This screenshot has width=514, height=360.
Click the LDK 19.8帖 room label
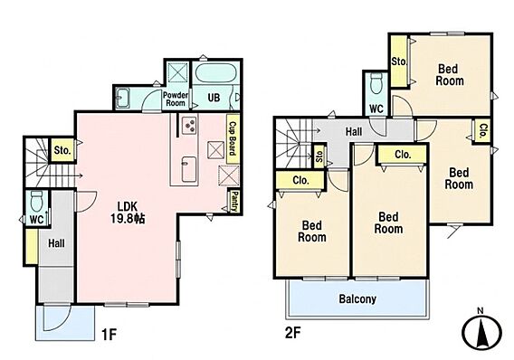click(x=128, y=212)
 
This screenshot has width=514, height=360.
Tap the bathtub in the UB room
click(x=214, y=73)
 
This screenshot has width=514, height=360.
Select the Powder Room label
click(x=176, y=99)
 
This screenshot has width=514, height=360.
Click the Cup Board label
click(x=233, y=138)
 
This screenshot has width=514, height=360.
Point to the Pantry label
click(x=234, y=201)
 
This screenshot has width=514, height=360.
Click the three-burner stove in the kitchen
click(x=189, y=126)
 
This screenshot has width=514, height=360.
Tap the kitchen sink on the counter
click(x=189, y=169)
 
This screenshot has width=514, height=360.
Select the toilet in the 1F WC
click(x=36, y=201)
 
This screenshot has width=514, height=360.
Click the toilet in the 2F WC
click(x=376, y=83)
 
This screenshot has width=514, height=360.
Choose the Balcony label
click(x=357, y=299)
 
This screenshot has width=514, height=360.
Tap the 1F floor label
click(x=109, y=335)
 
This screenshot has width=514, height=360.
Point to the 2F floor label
click(x=292, y=333)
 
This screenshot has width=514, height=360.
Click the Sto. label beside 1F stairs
click(x=62, y=150)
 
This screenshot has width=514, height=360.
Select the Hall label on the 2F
click(x=354, y=132)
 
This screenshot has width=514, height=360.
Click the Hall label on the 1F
click(x=56, y=243)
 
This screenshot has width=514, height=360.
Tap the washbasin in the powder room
click(x=123, y=98)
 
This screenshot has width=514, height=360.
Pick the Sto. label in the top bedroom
click(x=399, y=62)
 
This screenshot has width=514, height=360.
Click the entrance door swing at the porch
click(x=56, y=318)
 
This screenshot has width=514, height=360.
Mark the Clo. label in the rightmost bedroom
click(x=483, y=130)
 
